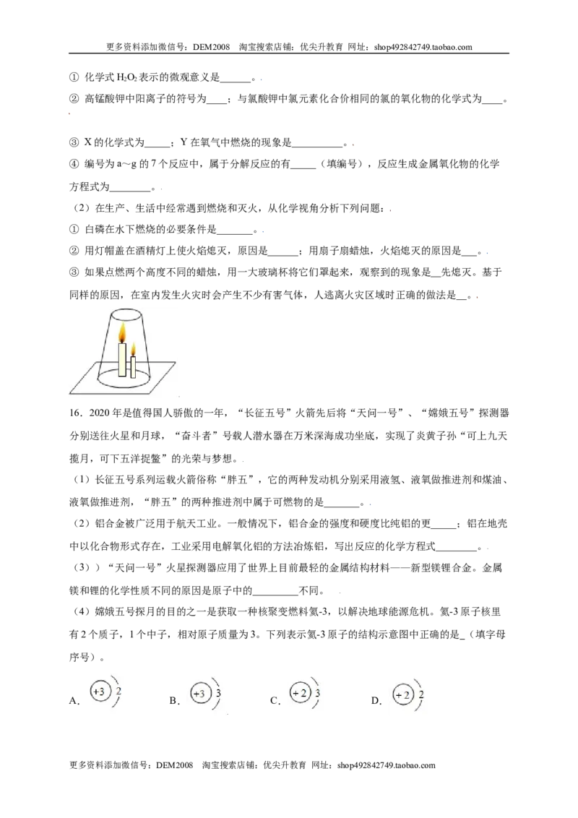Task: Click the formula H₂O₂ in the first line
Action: (127, 77)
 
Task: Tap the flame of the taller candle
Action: (122, 332)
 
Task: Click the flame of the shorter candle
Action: (133, 349)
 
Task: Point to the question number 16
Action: (75, 413)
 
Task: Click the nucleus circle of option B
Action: (199, 694)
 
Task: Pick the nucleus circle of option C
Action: (300, 693)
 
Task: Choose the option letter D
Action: (374, 701)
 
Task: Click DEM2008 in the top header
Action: (211, 47)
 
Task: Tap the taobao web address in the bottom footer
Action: (386, 765)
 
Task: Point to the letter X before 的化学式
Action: (87, 142)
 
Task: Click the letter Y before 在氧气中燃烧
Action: (183, 142)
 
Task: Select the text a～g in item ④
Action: (125, 164)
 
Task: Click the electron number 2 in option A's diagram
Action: (119, 692)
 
